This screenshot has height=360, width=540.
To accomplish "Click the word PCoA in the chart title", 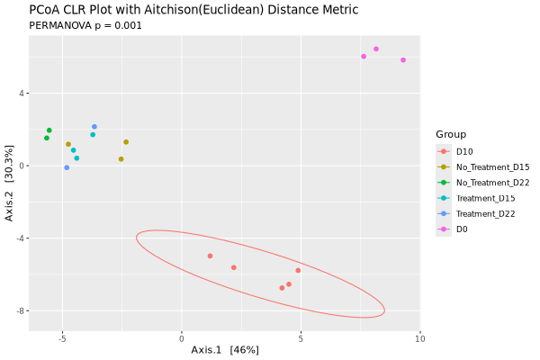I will (x=47, y=10).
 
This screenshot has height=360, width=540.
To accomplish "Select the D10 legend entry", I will (x=464, y=151).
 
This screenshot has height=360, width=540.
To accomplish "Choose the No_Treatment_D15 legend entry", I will (x=492, y=166).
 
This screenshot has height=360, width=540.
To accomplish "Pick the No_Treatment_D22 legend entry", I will (x=492, y=182).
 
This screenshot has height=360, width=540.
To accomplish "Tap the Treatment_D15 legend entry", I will (x=486, y=198).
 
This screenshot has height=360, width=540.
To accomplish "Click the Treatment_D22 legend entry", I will (x=486, y=213).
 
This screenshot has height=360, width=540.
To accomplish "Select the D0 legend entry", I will (x=462, y=229).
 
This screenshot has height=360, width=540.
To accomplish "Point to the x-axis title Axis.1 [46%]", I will (x=225, y=349).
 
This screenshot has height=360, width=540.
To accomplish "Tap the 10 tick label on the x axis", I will (x=419, y=339).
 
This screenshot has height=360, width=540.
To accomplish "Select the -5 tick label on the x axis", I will (x=62, y=339).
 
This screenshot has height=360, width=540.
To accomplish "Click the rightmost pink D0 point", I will (x=403, y=60).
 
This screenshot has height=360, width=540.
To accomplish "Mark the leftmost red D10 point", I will (x=210, y=256).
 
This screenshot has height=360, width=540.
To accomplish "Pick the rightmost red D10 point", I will (x=298, y=270).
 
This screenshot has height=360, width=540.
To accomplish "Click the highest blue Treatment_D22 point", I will (x=94, y=127).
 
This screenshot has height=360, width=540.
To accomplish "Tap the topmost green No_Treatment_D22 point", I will (x=49, y=130).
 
